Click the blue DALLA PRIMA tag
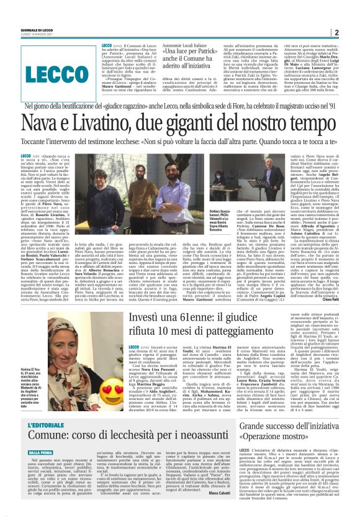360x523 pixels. (x=40, y=453)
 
